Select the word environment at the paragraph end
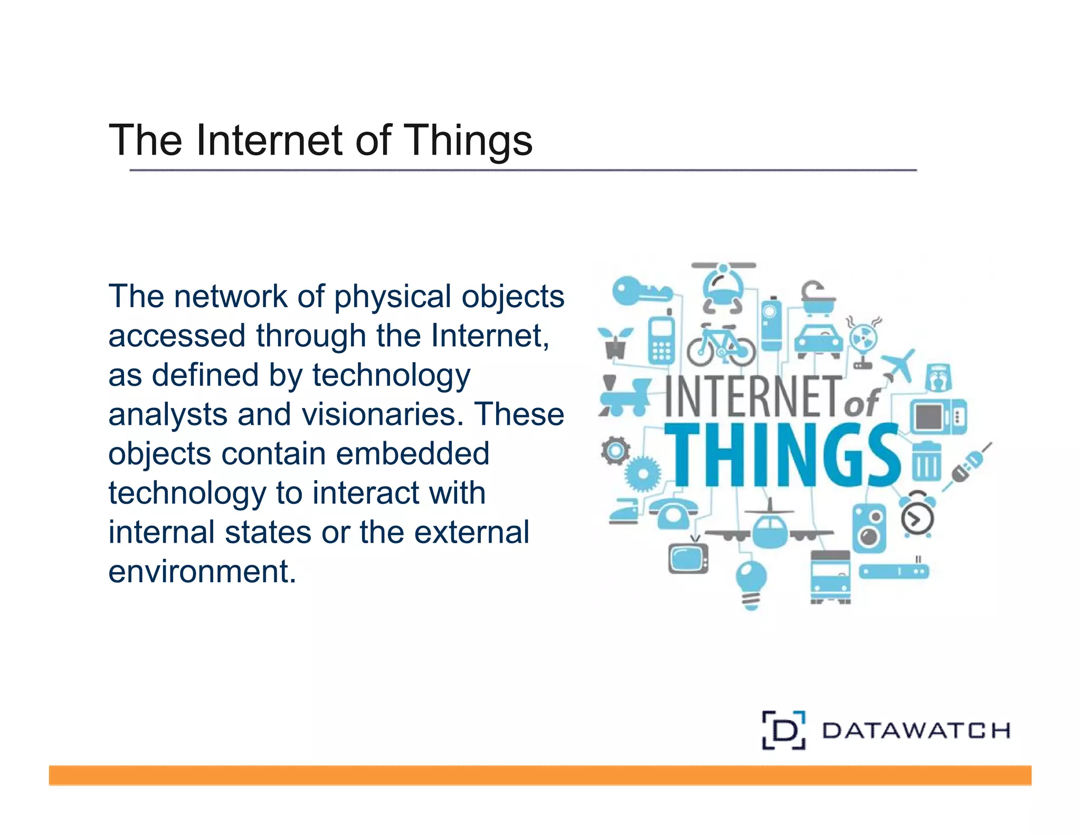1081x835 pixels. coord(202,572)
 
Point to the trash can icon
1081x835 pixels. coord(926,461)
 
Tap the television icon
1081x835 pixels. coord(688,557)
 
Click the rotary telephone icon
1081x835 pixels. coord(673,512)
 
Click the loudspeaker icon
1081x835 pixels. coord(869,528)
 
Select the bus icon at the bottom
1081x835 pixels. coord(830,577)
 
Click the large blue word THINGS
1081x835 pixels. coord(782,455)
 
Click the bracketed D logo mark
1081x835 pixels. coord(784,730)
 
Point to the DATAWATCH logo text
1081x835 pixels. coord(916,731)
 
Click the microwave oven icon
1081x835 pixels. coord(938,416)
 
